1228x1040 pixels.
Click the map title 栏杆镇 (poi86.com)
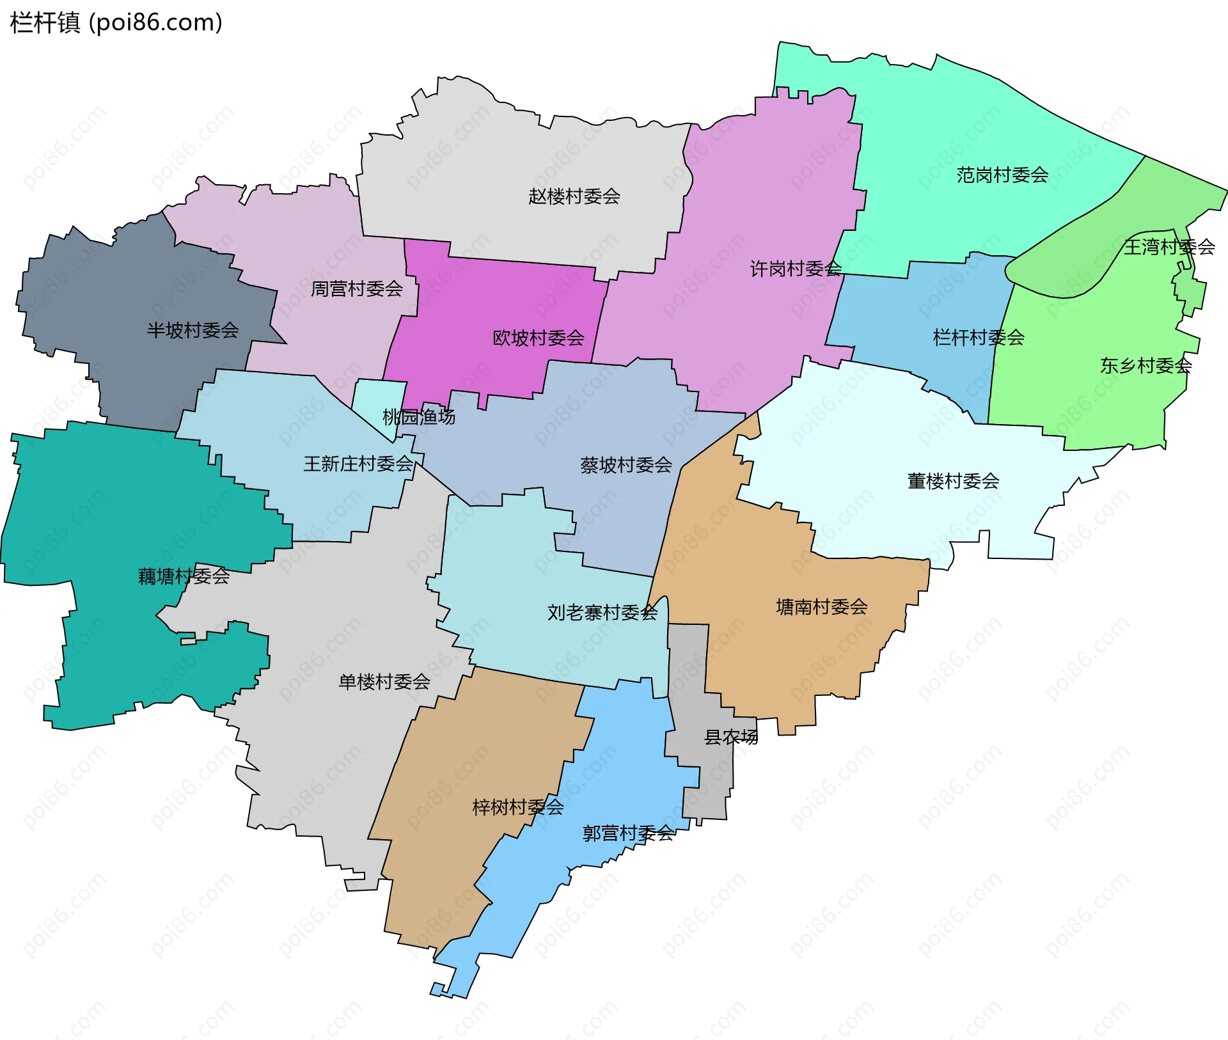point(116,23)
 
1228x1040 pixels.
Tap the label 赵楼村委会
point(574,196)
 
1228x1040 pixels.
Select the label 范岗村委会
point(1002,175)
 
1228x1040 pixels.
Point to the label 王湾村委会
point(1169,247)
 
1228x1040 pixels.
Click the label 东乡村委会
point(1145,366)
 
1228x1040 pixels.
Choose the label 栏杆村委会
point(979,338)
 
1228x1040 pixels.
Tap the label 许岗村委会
point(796,269)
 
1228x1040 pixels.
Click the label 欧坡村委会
point(538,338)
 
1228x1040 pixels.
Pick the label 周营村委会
point(356,289)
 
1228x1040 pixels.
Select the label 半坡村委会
point(193,331)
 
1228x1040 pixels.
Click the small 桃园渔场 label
point(418,417)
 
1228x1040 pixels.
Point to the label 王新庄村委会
point(358,464)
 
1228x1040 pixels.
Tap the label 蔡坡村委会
point(626,465)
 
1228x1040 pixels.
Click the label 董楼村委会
point(953,481)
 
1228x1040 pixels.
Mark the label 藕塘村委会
point(184,576)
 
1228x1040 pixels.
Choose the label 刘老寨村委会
point(602,613)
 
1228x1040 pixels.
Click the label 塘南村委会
point(821,606)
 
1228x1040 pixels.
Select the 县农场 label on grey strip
point(730,737)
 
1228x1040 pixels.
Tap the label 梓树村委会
point(517,807)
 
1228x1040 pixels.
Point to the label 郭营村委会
point(628,833)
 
